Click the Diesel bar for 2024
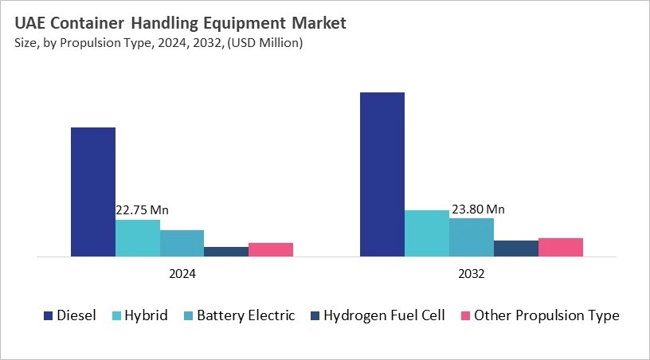[93, 192]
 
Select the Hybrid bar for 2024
[138, 238]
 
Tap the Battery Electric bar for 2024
[182, 243]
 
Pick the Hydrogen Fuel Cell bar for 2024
[226, 252]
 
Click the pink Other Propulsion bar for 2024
[271, 249]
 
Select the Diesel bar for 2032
[382, 174]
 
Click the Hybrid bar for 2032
[427, 233]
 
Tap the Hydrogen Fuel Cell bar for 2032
[516, 248]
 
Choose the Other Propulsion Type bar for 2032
[561, 247]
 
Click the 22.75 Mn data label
[143, 210]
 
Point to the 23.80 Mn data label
[479, 209]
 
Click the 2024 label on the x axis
[182, 273]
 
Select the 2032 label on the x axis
[472, 273]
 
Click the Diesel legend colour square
[48, 316]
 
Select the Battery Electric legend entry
[245, 315]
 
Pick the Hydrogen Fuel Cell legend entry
[384, 315]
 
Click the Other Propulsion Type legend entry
[546, 315]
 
